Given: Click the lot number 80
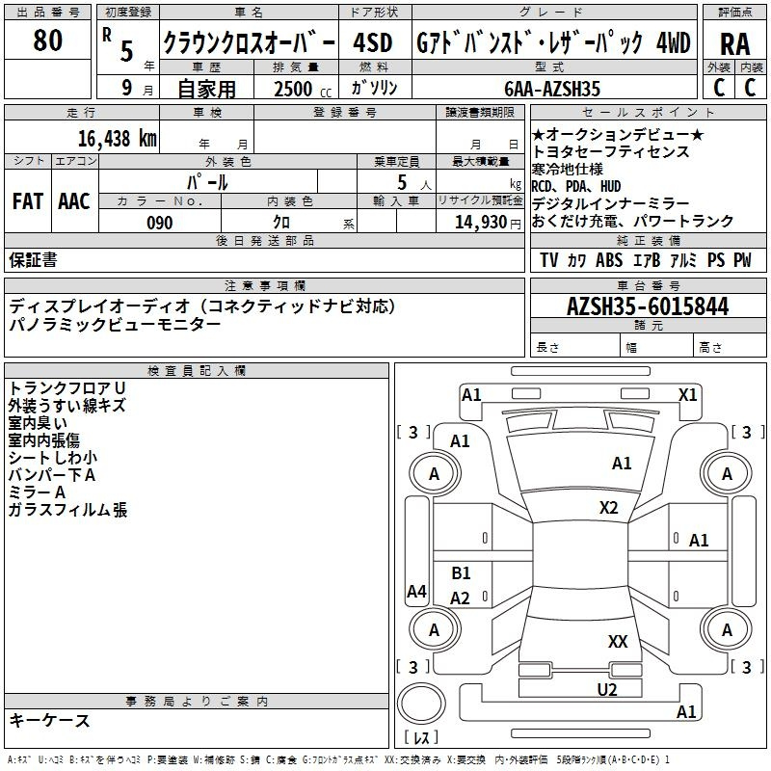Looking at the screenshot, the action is pos(47,40).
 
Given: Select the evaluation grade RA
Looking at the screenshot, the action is pos(734,44).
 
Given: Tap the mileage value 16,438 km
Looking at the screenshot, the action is pos(117,139).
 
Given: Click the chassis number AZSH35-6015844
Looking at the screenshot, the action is pos(648,306).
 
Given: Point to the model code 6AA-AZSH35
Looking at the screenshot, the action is pos(552,89).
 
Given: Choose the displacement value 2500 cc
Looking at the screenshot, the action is pos(303,89).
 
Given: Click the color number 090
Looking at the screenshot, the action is pos(160,223).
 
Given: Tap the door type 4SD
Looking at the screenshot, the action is pos(372,42).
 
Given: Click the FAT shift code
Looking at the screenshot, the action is pos(28,201).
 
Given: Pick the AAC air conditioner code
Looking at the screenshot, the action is pos(74,201).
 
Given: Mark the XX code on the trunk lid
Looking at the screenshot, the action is pos(618,641).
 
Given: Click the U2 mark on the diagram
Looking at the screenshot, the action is pos(607,689).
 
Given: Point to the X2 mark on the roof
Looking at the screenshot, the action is pos(608,507).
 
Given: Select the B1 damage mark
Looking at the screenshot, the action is pos(461,572).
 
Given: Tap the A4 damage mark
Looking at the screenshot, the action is pos(416,591).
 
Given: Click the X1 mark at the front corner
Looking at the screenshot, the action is pos(687,395).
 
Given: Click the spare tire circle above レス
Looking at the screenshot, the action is pos(421,704).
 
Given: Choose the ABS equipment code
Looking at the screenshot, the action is pos(609,260).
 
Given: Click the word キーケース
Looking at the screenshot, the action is pos(50,720).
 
